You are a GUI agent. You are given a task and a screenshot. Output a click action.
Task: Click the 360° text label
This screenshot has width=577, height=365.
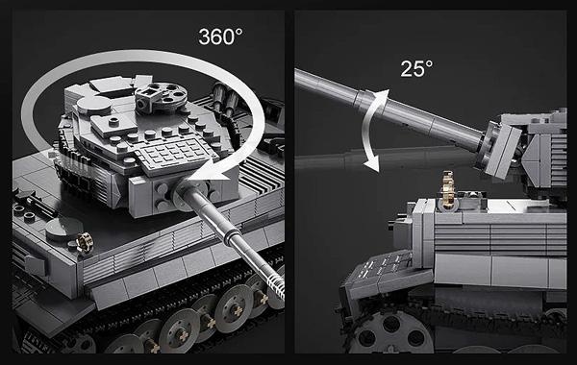coord(220,36)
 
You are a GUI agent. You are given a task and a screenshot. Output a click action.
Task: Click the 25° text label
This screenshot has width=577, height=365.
coord(416,68)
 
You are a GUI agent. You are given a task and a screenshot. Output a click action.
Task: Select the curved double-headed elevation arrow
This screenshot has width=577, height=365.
coord(372,131)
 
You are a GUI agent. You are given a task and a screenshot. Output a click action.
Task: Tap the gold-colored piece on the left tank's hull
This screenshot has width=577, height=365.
coord(85,243)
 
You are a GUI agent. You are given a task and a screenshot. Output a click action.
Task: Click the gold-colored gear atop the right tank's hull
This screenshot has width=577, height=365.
coord(447,191)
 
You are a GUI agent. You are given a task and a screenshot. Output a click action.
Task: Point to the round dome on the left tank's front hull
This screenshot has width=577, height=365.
coord(64,228)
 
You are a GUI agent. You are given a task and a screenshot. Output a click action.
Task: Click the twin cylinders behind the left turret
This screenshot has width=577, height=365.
coord(224,96)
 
